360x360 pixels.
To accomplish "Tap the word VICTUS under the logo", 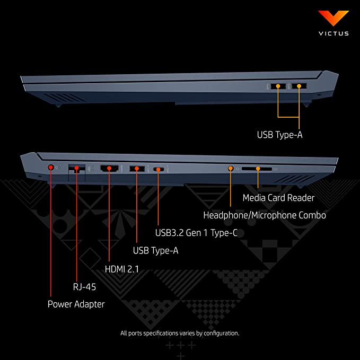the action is (333, 33).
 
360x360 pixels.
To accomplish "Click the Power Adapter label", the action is (76, 304).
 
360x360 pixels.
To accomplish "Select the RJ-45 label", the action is (84, 287).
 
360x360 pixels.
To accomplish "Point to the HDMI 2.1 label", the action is (122, 269).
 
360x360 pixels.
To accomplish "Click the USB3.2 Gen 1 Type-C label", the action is (196, 233).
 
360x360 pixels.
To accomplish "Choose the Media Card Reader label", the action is (278, 198).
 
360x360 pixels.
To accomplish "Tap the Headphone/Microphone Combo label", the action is (265, 215).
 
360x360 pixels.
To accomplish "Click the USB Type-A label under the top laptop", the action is (279, 135).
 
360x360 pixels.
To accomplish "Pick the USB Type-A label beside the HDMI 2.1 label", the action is (156, 250).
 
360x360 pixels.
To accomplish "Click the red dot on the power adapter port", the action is (51, 168).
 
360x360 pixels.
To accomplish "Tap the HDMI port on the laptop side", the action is (109, 168).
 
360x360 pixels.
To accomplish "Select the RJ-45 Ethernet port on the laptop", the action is (77, 170).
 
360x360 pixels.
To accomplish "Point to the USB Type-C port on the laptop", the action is (159, 170).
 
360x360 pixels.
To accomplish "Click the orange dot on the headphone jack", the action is (231, 169).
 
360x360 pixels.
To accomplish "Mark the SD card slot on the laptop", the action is (257, 169).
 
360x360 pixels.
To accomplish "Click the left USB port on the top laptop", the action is (278, 86).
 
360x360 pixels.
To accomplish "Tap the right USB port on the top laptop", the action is (299, 86).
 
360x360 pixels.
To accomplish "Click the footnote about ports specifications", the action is (180, 333).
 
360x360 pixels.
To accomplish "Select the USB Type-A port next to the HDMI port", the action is (137, 169).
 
